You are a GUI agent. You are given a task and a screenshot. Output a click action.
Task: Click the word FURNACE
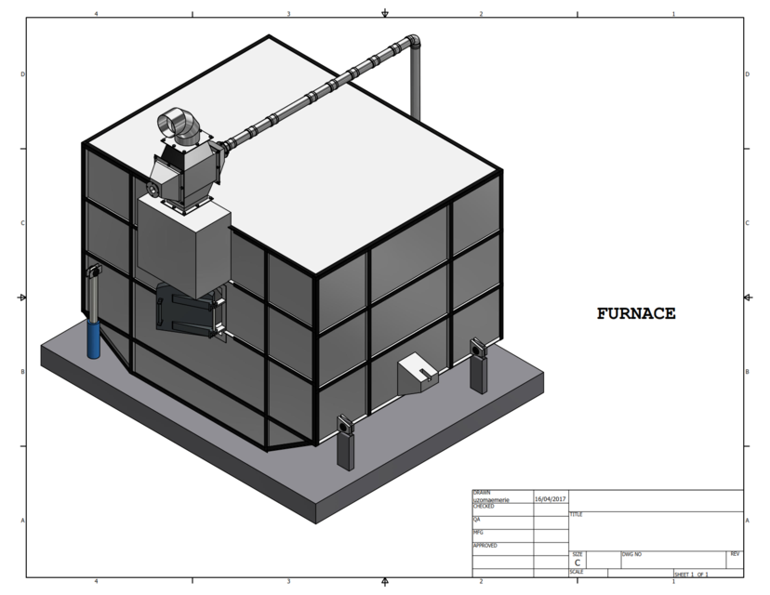tap(636, 314)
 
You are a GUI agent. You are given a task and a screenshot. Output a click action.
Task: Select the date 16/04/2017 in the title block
tap(551, 499)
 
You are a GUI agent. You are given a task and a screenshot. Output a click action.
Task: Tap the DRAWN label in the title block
tap(482, 493)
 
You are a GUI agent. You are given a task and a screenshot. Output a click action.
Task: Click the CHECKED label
tap(484, 507)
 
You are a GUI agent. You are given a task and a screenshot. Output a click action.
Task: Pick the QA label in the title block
tap(477, 519)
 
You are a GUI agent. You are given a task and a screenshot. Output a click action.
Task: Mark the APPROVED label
tap(485, 545)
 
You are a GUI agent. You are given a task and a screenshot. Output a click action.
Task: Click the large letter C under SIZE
tap(577, 562)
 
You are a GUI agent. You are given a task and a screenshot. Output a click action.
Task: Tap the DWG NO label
tap(632, 553)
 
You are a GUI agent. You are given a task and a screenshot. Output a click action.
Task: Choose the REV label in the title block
tap(735, 553)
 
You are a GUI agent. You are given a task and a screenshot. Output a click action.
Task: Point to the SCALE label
tap(577, 572)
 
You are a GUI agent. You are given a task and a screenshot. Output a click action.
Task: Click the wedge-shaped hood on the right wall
tap(417, 374)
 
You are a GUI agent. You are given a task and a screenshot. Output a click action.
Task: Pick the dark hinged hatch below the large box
tap(191, 311)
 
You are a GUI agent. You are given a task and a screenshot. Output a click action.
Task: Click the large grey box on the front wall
tap(183, 244)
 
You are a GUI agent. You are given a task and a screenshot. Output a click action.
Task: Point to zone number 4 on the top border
tap(96, 14)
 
